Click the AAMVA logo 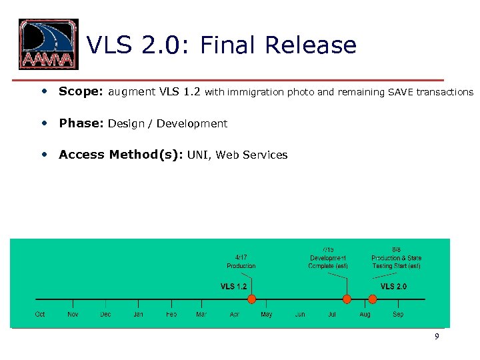pos(48,45)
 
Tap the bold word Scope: pos(81,92)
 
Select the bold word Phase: pos(81,123)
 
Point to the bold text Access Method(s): pos(121,155)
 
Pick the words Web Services pos(251,155)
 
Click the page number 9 pos(437,337)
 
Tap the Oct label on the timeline pos(40,314)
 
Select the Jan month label pos(138,314)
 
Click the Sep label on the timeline pos(398,314)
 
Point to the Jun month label pos(300,314)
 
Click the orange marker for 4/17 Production pos(251,299)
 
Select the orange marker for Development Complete pos(347,299)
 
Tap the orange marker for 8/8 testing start pos(373,299)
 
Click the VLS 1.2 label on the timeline pos(233,286)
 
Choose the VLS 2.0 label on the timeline pos(393,286)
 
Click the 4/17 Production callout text pos(241,261)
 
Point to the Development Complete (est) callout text pos(328,258)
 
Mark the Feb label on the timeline pos(171,314)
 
